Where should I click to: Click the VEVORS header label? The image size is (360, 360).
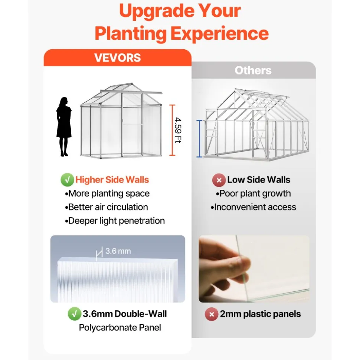[x=118, y=57]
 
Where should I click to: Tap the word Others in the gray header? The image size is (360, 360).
[x=253, y=70]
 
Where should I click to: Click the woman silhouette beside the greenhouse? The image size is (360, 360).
[x=64, y=127]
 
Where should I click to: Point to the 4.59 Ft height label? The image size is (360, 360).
[x=178, y=130]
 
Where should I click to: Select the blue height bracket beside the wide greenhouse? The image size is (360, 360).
[x=199, y=139]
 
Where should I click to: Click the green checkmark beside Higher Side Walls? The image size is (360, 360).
[x=67, y=180]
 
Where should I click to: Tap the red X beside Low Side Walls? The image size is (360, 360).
[x=219, y=180]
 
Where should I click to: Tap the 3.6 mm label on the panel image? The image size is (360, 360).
[x=118, y=251]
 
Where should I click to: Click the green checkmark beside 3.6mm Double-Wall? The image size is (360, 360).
[x=74, y=314]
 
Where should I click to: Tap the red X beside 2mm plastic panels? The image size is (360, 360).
[x=212, y=314]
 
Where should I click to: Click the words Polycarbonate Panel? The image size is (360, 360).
[x=120, y=328]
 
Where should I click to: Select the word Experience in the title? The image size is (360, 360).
[x=220, y=33]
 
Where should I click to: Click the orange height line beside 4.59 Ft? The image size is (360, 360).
[x=172, y=130]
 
